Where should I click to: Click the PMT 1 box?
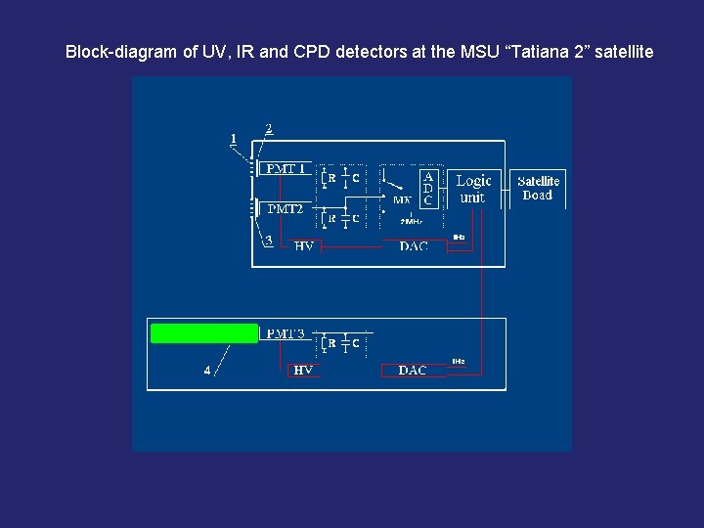285,169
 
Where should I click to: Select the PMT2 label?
285,208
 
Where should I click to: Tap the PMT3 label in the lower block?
285,334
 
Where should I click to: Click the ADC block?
428,188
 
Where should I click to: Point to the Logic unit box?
473,188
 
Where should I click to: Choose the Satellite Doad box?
538,188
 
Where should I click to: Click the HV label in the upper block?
304,246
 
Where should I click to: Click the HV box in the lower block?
304,371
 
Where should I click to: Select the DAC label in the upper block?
414,246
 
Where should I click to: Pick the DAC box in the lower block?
413,371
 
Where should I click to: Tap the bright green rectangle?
204,333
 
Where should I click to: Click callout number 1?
234,139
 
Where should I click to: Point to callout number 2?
269,128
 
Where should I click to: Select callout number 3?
269,241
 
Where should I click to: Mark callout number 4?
206,370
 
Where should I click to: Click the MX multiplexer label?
401,200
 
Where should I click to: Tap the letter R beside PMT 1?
331,178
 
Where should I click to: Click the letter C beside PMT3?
356,343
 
